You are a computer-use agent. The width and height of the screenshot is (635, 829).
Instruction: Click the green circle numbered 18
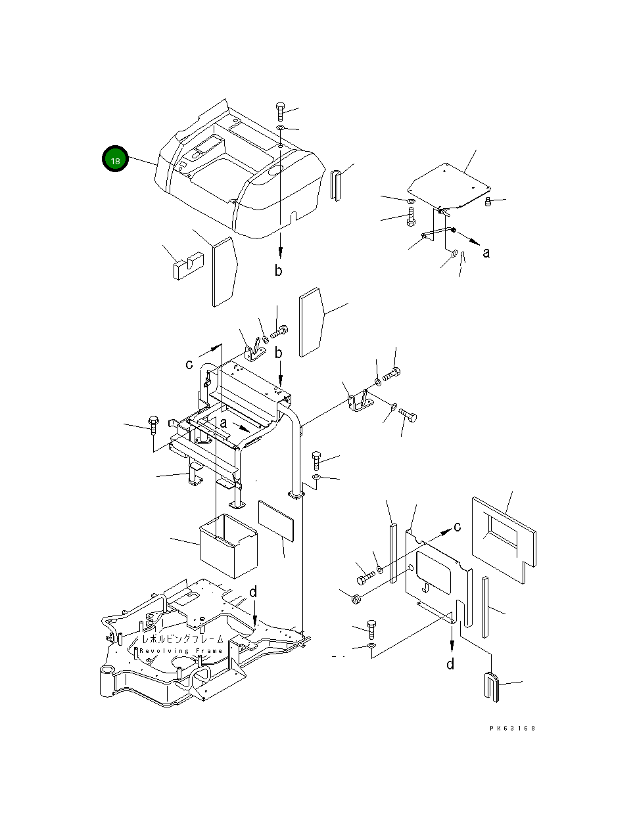115,159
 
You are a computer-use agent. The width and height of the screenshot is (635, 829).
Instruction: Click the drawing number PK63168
512,728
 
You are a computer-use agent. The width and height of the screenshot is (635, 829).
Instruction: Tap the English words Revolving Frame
181,651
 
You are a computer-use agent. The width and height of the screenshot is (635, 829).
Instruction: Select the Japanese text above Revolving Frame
182,639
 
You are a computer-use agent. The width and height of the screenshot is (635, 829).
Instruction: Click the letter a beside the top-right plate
486,252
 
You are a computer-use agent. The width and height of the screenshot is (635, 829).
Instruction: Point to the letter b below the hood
279,270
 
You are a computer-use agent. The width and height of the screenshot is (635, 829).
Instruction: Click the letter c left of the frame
189,364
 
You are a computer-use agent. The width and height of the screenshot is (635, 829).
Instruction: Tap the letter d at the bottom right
450,664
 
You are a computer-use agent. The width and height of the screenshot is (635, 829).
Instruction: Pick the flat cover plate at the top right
450,183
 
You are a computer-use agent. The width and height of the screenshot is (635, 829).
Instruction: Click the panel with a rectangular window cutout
503,538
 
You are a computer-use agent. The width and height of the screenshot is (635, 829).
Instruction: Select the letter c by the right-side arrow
458,526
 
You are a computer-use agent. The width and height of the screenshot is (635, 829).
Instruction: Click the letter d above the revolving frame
253,593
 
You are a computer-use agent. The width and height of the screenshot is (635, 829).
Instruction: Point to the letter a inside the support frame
223,424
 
